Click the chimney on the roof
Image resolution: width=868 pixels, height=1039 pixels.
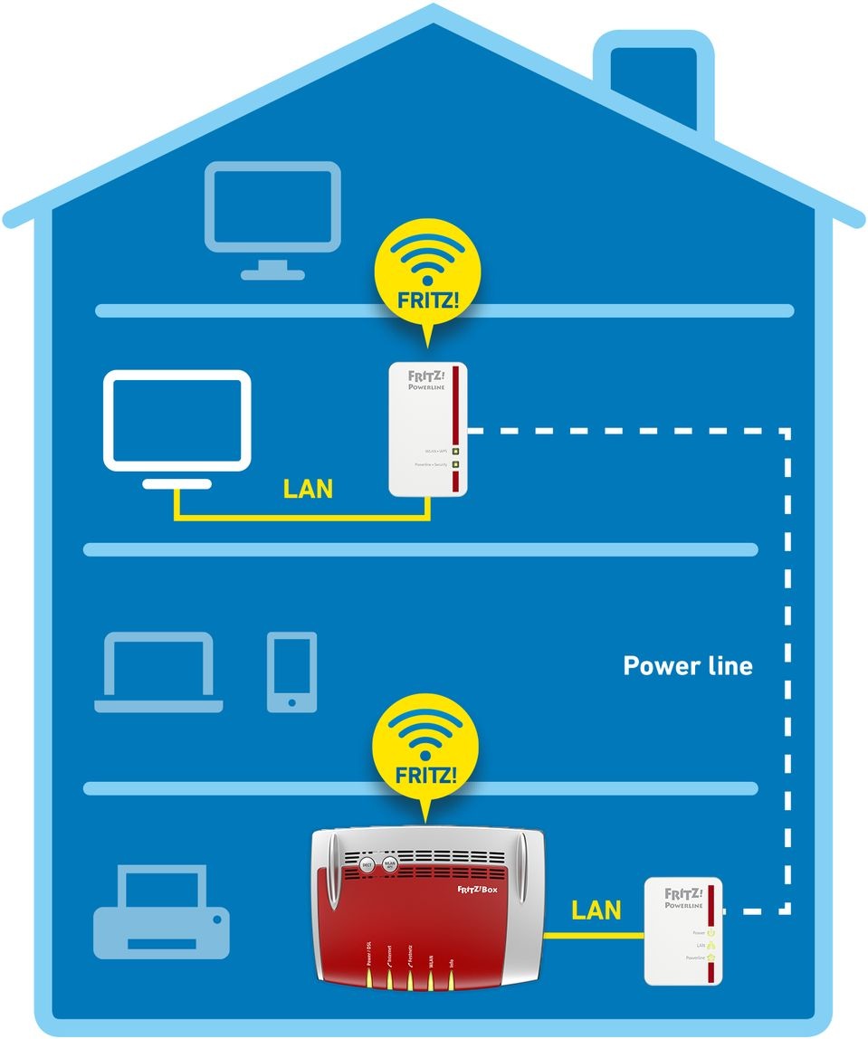tap(653, 77)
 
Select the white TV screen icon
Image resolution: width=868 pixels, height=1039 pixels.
tap(176, 420)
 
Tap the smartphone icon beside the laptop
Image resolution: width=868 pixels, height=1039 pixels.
tap(292, 672)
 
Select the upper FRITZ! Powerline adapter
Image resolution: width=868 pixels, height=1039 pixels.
tap(428, 429)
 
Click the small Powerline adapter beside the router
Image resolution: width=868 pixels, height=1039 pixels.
tap(683, 931)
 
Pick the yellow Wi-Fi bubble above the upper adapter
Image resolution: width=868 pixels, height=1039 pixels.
tap(426, 272)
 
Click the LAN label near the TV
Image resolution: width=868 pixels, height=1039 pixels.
tap(308, 490)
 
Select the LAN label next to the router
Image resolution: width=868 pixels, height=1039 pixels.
tap(596, 910)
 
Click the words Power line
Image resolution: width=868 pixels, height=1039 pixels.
tap(688, 666)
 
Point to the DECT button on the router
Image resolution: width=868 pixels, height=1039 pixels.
tap(367, 865)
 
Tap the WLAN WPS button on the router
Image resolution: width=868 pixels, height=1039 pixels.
tap(390, 864)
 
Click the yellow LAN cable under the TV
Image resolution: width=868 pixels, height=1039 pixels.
tap(299, 517)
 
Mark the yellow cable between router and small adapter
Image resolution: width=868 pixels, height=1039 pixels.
tap(593, 935)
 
